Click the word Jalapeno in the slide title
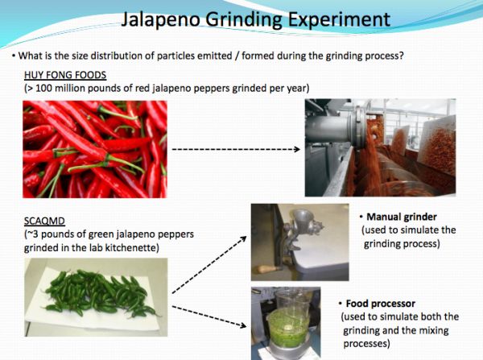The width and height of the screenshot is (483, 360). [160, 19]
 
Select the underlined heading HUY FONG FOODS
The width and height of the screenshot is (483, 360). [65, 75]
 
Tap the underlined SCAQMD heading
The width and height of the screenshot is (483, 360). [44, 221]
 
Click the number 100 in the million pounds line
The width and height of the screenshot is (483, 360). [45, 88]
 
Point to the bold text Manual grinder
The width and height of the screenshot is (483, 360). [402, 217]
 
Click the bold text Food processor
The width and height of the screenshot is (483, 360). [381, 304]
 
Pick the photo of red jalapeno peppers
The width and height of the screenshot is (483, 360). [95, 149]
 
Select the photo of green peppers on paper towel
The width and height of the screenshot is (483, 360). [96, 297]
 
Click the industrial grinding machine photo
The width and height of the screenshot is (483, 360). [381, 147]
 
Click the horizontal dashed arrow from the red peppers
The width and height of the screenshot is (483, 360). [236, 150]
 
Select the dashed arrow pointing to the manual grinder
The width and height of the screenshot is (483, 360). [209, 265]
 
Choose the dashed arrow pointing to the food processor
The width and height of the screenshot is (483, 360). [209, 317]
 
